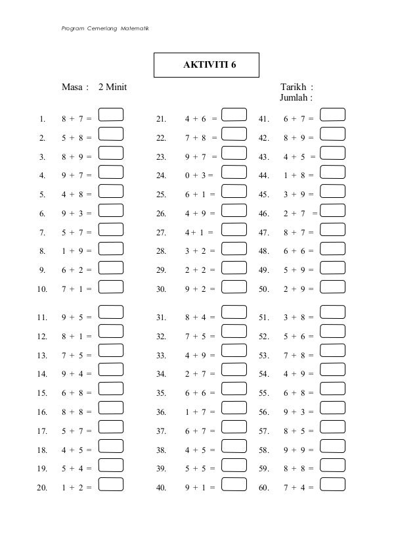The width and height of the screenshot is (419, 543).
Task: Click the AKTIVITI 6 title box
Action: coord(206,65)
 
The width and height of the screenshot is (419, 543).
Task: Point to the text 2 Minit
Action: coord(112,87)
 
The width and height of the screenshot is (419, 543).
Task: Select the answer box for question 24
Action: coord(234,173)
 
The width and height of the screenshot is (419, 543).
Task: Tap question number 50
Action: coord(265,289)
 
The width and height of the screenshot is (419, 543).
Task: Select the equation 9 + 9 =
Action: coord(298,450)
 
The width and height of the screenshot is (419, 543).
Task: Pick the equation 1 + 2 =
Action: coord(76,488)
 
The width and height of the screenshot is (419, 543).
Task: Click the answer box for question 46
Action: coord(333,211)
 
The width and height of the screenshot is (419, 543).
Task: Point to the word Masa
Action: coord(74,87)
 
